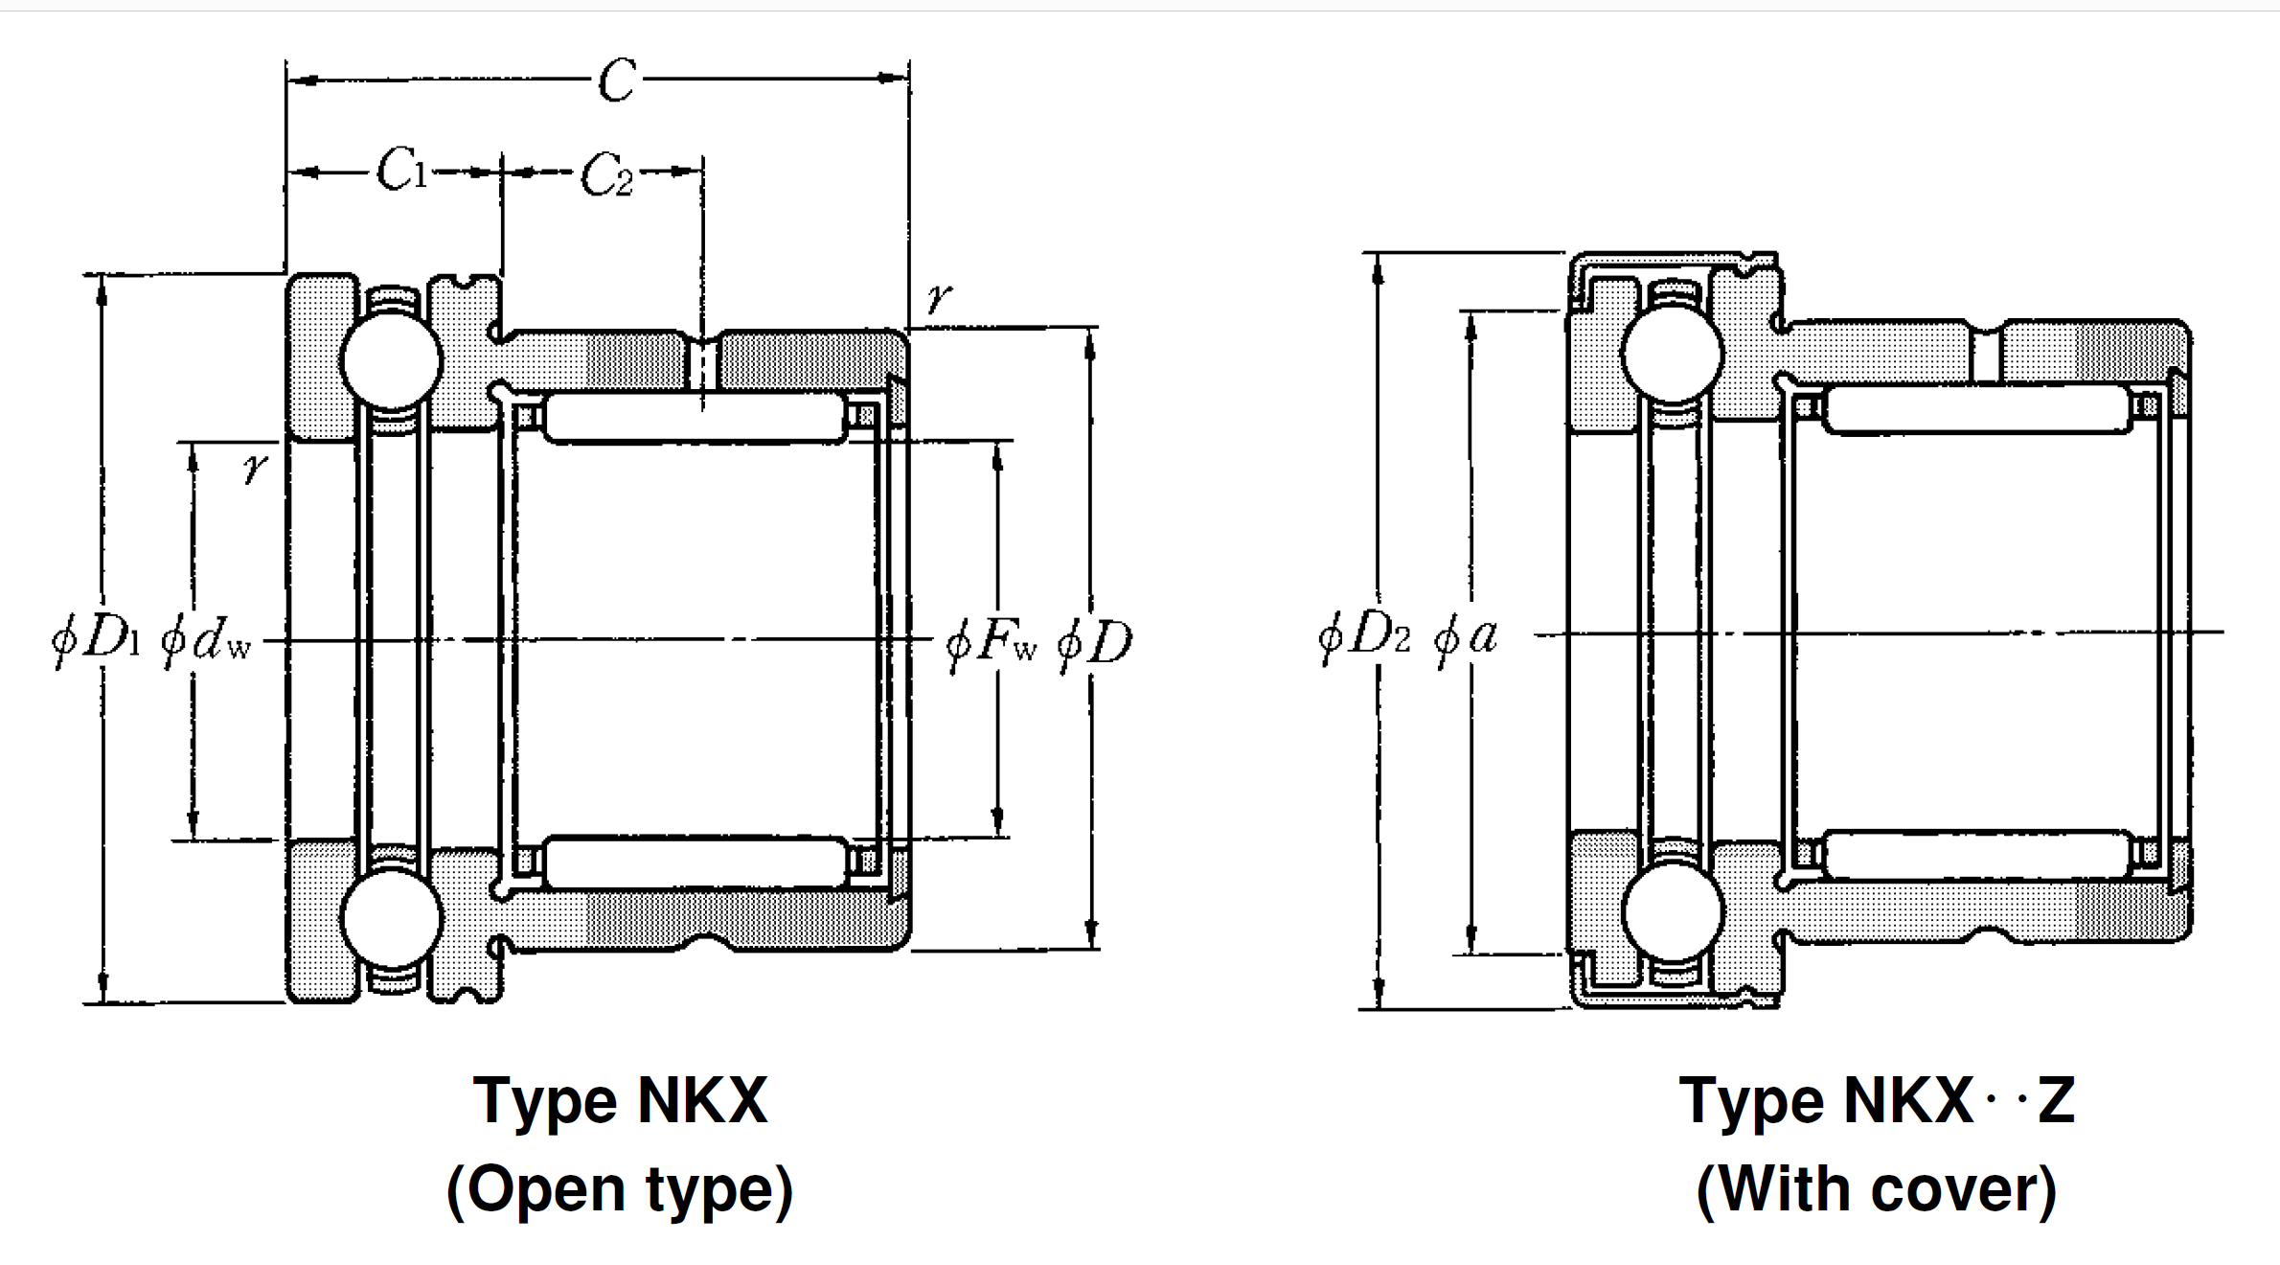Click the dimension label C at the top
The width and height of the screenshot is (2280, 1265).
click(617, 80)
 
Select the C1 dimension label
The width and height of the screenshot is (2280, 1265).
click(400, 171)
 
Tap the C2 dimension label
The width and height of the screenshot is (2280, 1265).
click(607, 175)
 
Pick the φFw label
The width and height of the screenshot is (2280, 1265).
click(991, 642)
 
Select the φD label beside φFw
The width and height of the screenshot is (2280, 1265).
click(1095, 642)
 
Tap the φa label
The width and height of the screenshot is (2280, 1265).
click(1467, 636)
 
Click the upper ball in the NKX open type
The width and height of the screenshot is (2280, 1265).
click(391, 360)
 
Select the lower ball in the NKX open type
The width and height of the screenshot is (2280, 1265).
click(391, 918)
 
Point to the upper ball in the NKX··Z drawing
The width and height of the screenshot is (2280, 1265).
click(1673, 353)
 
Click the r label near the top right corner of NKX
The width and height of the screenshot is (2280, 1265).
click(939, 297)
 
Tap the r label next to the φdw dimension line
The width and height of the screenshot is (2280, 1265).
click(254, 468)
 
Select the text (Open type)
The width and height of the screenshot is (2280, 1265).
click(620, 1189)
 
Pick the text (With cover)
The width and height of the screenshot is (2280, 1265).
click(1876, 1189)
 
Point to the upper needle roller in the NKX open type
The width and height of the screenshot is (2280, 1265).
click(694, 418)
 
